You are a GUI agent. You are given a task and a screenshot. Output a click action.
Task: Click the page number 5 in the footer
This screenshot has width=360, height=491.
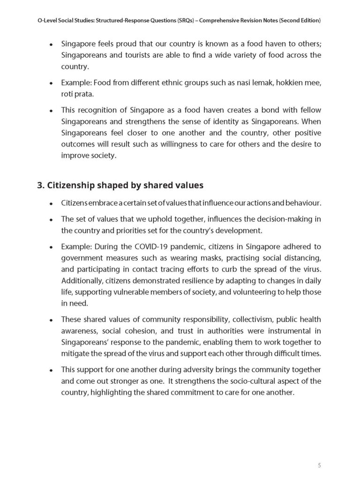click(319, 465)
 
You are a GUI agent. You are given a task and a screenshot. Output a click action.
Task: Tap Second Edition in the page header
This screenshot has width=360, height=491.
click(298, 22)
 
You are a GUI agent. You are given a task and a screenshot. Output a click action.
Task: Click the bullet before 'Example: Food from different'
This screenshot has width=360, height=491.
click(51, 83)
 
